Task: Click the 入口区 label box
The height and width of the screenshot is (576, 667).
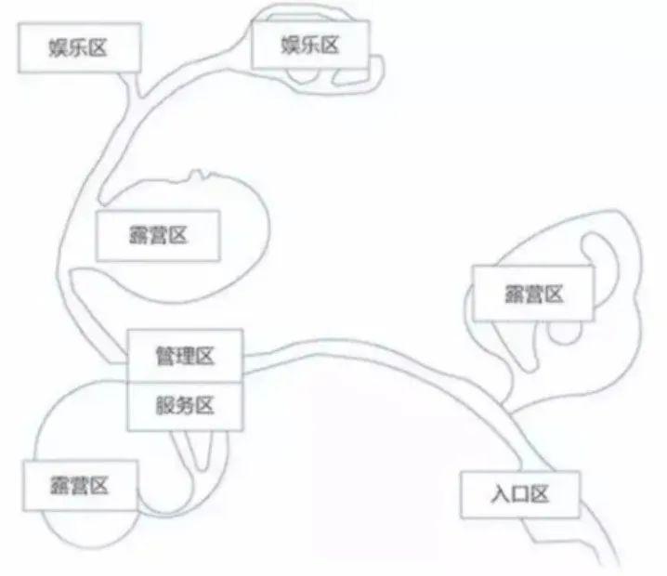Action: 519,494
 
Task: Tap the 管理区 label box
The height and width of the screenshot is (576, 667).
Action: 185,355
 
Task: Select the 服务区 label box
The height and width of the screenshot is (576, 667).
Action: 185,405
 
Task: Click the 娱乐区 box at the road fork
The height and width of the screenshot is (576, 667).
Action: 78,47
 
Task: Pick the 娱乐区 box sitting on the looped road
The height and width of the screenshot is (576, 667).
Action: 309,44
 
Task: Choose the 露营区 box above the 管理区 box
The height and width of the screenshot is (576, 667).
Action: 158,235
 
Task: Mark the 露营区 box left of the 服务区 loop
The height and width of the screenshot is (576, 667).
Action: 80,485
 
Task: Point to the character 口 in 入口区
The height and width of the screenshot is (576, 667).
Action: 519,494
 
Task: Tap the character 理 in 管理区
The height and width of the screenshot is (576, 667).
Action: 185,355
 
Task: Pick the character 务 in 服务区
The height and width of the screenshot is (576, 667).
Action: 185,405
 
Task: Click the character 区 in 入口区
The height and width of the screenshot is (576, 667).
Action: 542,494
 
